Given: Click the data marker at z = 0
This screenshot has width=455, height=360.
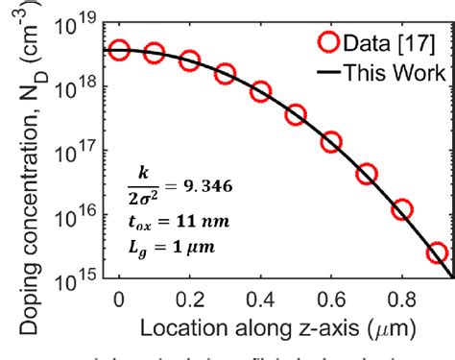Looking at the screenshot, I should click(x=119, y=50).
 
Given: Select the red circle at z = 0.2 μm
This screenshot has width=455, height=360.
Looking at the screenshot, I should click(x=190, y=60).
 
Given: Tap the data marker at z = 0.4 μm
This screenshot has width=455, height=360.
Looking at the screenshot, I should click(x=260, y=92).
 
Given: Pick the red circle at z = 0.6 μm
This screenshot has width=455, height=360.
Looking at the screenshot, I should click(x=331, y=142).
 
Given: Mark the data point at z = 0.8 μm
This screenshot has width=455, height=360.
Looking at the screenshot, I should click(x=401, y=209).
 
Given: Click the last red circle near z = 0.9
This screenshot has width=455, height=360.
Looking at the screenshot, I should click(x=437, y=253).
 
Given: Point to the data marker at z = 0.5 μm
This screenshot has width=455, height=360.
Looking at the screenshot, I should click(x=296, y=115).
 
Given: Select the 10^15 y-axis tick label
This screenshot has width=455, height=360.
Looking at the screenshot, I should click(x=79, y=279).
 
